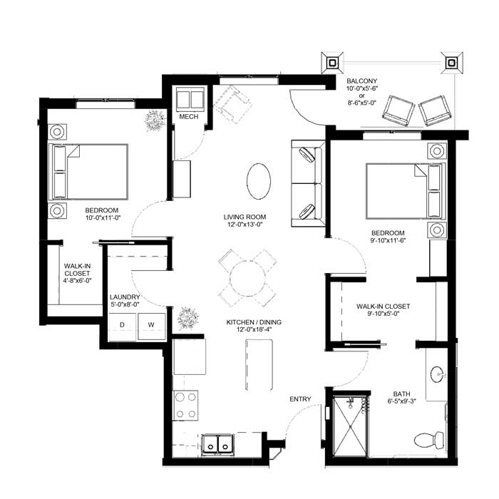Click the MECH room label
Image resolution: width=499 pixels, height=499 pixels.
[x=189, y=117]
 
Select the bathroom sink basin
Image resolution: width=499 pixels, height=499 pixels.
[x=438, y=374]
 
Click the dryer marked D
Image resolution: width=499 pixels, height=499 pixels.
[x=122, y=326]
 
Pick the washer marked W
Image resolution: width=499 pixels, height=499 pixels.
[x=151, y=326]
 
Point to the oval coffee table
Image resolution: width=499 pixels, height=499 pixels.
[x=259, y=181]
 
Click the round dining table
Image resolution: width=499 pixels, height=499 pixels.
[x=247, y=278]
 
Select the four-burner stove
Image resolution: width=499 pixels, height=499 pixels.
[x=185, y=405]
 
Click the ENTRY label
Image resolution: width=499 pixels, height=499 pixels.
[x=300, y=399]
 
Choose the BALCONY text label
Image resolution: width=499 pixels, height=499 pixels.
[x=362, y=81]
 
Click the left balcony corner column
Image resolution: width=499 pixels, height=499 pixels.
[x=332, y=63]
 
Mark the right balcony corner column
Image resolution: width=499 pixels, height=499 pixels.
[x=451, y=63]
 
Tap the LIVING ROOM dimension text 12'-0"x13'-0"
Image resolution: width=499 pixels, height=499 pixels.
[x=245, y=225]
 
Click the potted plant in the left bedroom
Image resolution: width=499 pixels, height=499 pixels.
[x=155, y=120]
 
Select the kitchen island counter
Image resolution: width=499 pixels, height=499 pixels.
[x=259, y=365]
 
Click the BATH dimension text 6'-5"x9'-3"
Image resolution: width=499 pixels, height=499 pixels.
[x=401, y=401]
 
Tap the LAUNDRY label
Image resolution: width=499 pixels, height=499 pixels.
[x=125, y=297]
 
